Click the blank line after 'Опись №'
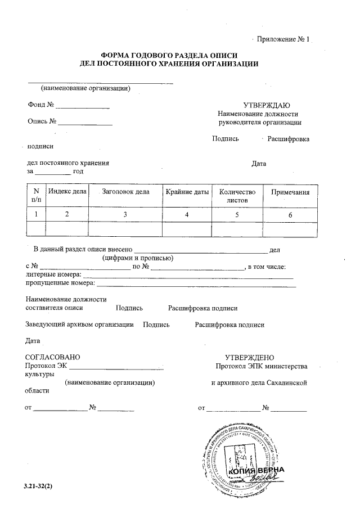pyautogui.click(x=85, y=123)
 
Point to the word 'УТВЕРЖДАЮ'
pyautogui.click(x=266, y=105)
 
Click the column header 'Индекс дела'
pyautogui.click(x=67, y=192)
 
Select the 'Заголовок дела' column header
pyautogui.click(x=125, y=192)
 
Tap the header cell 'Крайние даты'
pyautogui.click(x=187, y=192)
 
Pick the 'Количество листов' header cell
pyautogui.click(x=237, y=196)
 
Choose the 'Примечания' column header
pyautogui.click(x=290, y=192)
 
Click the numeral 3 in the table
pyautogui.click(x=125, y=214)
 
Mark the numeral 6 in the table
pyautogui.click(x=290, y=214)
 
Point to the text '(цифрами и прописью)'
pyautogui.click(x=137, y=258)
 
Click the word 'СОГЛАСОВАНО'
pyautogui.click(x=53, y=357)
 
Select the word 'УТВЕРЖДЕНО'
pyautogui.click(x=249, y=357)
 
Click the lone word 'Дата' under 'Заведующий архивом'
pyautogui.click(x=33, y=341)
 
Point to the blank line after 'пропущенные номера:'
pyautogui.click(x=197, y=286)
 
